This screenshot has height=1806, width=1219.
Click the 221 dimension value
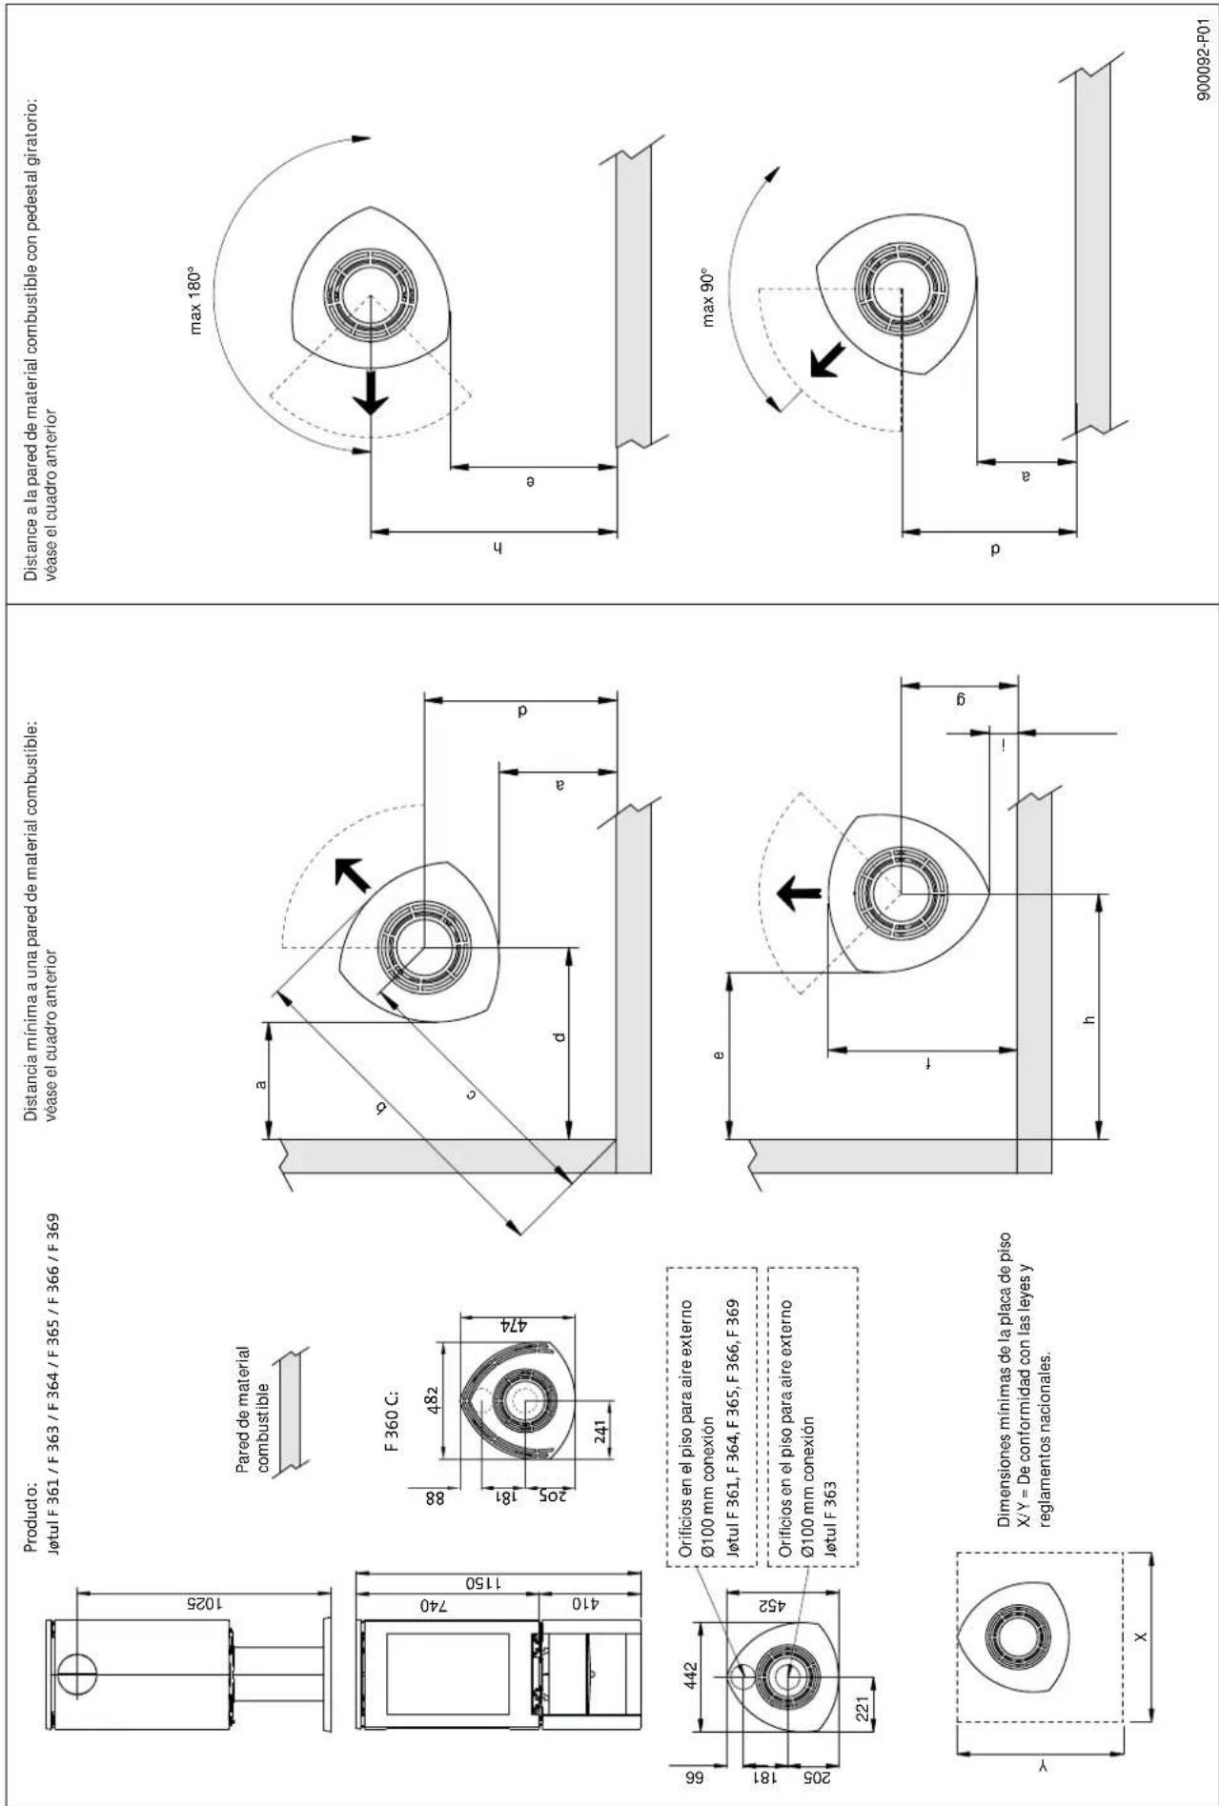click(863, 1711)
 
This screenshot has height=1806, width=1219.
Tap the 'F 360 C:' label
click(393, 1421)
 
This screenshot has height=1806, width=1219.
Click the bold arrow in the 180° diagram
click(371, 391)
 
